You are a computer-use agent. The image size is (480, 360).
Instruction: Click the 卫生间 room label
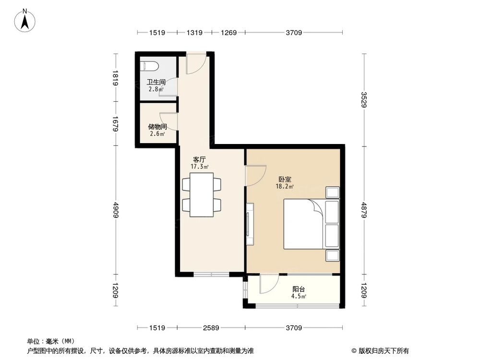click(156, 82)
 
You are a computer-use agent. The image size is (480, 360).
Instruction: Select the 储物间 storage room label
click(157, 127)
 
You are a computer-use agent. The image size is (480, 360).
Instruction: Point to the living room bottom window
click(212, 275)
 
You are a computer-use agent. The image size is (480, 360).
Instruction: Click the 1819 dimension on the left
click(116, 77)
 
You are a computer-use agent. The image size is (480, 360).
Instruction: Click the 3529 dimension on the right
click(364, 99)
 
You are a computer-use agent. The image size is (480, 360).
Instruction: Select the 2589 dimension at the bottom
click(211, 328)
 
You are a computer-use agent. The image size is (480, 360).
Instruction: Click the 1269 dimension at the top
click(229, 33)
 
